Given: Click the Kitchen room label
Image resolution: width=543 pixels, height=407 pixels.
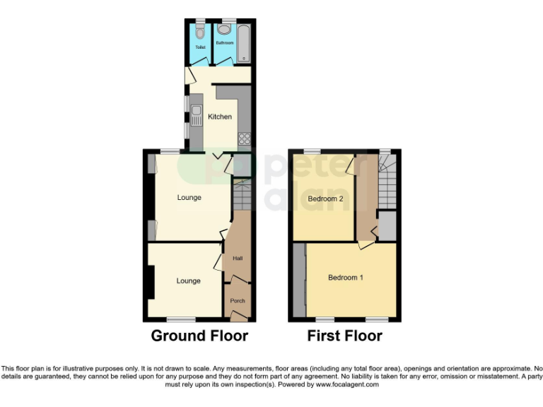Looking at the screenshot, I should (x=219, y=117).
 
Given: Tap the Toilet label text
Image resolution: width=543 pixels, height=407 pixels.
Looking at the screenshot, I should (x=199, y=49).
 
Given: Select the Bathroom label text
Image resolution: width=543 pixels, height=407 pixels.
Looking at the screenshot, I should (x=225, y=43).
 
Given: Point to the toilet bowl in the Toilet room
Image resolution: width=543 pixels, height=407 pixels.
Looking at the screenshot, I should (x=200, y=31).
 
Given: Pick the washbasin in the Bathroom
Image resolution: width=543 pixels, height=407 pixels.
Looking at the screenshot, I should (x=224, y=30).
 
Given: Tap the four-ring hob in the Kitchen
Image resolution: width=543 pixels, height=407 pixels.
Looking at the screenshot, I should (x=245, y=138).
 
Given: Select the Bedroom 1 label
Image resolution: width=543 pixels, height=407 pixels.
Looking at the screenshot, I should (x=346, y=278).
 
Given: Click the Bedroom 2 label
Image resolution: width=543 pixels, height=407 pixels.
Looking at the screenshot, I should (x=325, y=199).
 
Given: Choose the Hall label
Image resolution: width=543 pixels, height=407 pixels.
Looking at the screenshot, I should (x=238, y=259).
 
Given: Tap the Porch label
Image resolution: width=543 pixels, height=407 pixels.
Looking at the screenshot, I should (x=238, y=301).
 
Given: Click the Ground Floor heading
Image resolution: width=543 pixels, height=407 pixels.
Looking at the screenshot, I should (x=199, y=336).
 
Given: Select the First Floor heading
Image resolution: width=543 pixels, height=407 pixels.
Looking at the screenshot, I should (x=344, y=336).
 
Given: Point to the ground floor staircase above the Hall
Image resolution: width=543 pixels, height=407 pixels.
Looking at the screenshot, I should (x=242, y=194).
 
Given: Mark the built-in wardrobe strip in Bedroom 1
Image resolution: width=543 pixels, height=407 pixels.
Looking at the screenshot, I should (x=299, y=281).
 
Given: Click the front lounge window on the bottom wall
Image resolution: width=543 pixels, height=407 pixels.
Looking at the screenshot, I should (x=181, y=319).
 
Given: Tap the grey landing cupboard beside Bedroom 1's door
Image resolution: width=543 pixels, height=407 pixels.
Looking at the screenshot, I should (x=387, y=226).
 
